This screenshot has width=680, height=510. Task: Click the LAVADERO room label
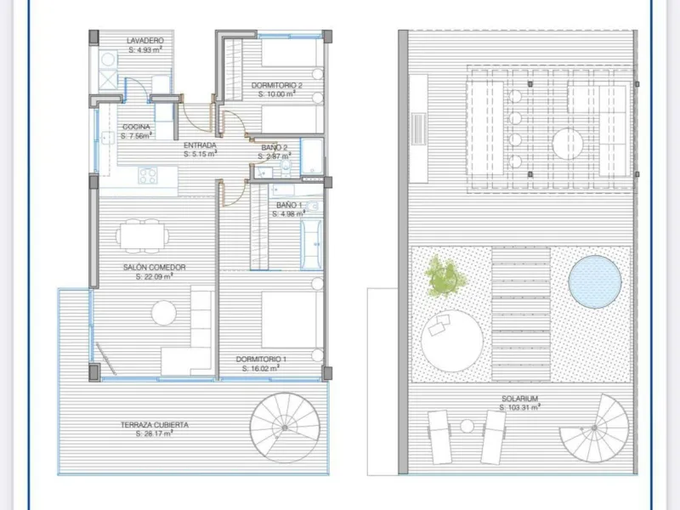pos(145,40)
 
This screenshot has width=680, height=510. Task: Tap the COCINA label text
pos(136,127)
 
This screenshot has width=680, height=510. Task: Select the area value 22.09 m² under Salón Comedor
pos(155,276)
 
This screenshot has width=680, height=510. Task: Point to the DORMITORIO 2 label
pos(277,85)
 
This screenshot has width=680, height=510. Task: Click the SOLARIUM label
pos(519,398)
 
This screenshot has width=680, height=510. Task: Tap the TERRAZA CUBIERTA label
pos(155,424)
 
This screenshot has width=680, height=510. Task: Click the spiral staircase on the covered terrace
pos(285,428)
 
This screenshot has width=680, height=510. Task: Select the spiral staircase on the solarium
pos(594,428)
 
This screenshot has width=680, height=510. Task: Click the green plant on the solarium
pos(445,276)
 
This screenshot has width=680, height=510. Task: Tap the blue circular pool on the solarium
pos(594,282)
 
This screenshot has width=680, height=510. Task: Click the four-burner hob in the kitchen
pos(148,176)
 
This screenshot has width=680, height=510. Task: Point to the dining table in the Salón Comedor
pos(142,236)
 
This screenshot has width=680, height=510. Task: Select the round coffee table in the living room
pos(164,313)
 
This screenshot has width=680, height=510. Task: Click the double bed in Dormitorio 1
pos(292,320)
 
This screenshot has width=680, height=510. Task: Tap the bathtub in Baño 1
pos(311,244)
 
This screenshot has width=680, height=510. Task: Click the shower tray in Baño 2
pos(312,156)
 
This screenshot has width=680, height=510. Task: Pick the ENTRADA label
pos(200,145)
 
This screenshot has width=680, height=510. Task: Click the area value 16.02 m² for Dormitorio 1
pos(261,368)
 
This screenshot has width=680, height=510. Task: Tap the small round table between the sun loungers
pos(467,427)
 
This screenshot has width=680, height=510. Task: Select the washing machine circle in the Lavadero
pos(108,59)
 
